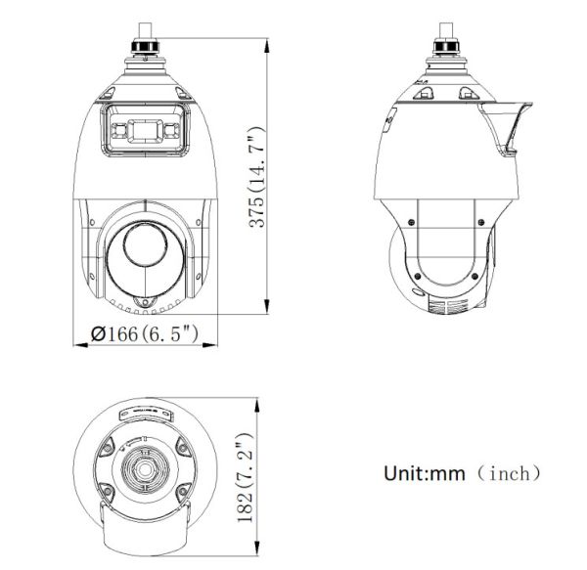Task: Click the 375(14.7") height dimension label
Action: click(257, 176)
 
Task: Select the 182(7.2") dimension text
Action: click(246, 477)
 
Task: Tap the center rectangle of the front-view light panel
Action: click(145, 130)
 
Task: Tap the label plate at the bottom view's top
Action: click(145, 415)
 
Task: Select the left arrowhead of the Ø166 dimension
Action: click(78, 344)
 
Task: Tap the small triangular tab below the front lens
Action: click(145, 299)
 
